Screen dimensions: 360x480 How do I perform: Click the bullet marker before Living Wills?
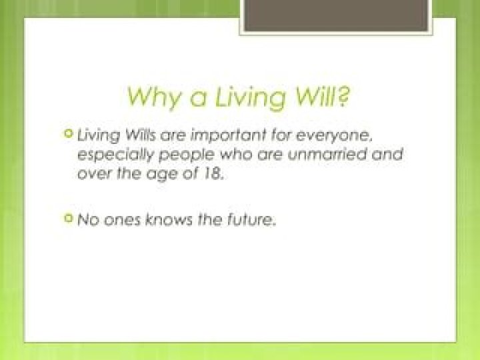click(x=67, y=134)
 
